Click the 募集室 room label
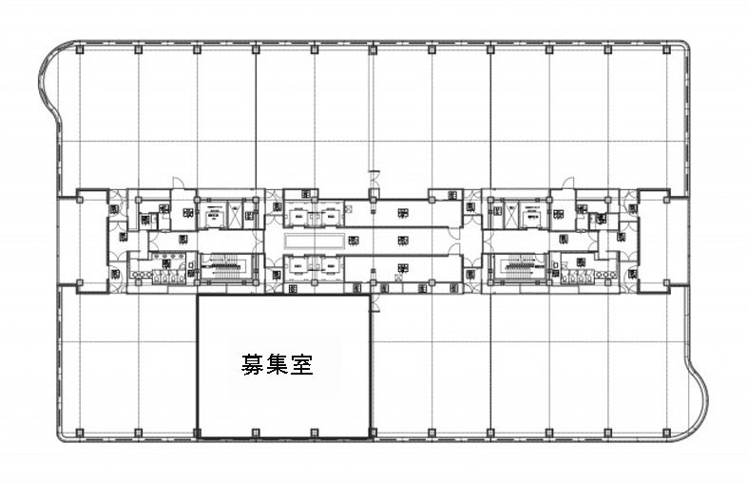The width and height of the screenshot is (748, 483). pos(278,363)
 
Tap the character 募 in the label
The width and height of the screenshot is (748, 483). pos(253,363)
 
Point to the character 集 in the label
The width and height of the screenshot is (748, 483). pos(278,363)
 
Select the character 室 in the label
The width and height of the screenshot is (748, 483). pos(302,363)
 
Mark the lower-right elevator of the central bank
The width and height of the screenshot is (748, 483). pos(328,267)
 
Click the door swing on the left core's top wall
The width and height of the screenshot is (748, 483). pos(178,183)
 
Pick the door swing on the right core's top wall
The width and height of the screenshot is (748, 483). pos(567,183)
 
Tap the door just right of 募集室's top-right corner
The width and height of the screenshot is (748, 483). pos(374,302)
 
